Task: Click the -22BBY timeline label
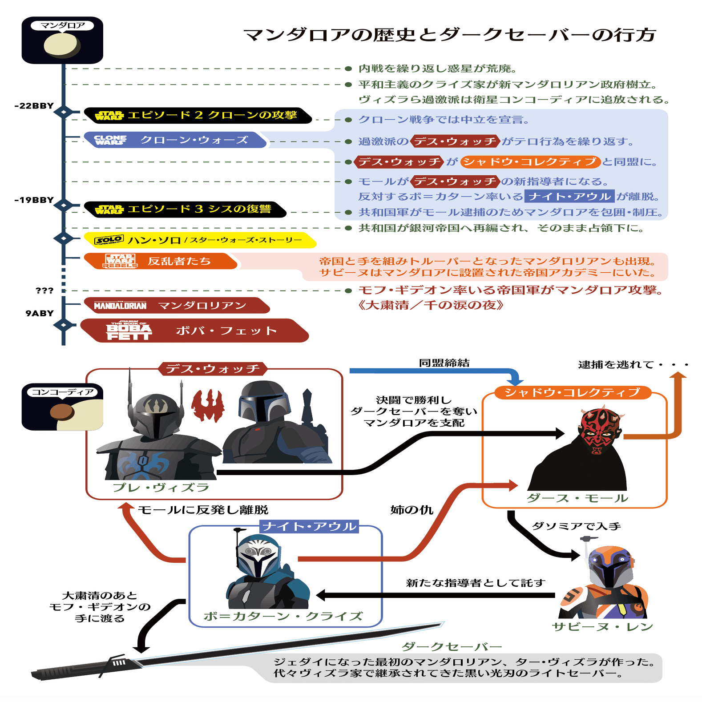click(x=34, y=106)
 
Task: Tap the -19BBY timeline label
click(x=34, y=200)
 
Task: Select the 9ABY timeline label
click(x=40, y=313)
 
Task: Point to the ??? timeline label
click(x=44, y=290)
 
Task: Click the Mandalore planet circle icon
click(x=62, y=45)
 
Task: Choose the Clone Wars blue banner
click(x=175, y=140)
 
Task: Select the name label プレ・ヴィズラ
click(x=161, y=488)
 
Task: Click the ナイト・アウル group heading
click(x=310, y=527)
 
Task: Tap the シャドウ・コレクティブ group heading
click(x=573, y=392)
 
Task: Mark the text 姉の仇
click(x=412, y=510)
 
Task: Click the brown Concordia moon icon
click(x=62, y=412)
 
